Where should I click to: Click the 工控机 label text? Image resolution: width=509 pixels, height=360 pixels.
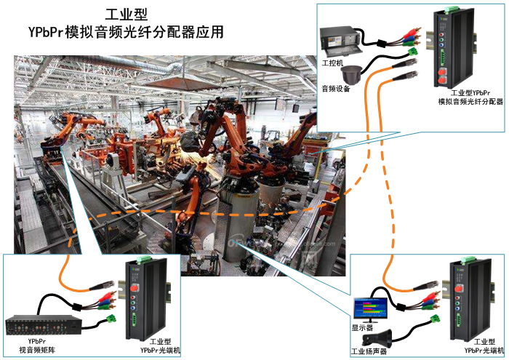331,63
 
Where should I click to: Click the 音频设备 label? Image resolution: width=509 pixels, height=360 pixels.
337,89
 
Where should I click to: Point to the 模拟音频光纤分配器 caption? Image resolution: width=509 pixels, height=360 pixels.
470,102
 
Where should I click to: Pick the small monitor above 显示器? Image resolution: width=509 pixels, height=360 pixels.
370,308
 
